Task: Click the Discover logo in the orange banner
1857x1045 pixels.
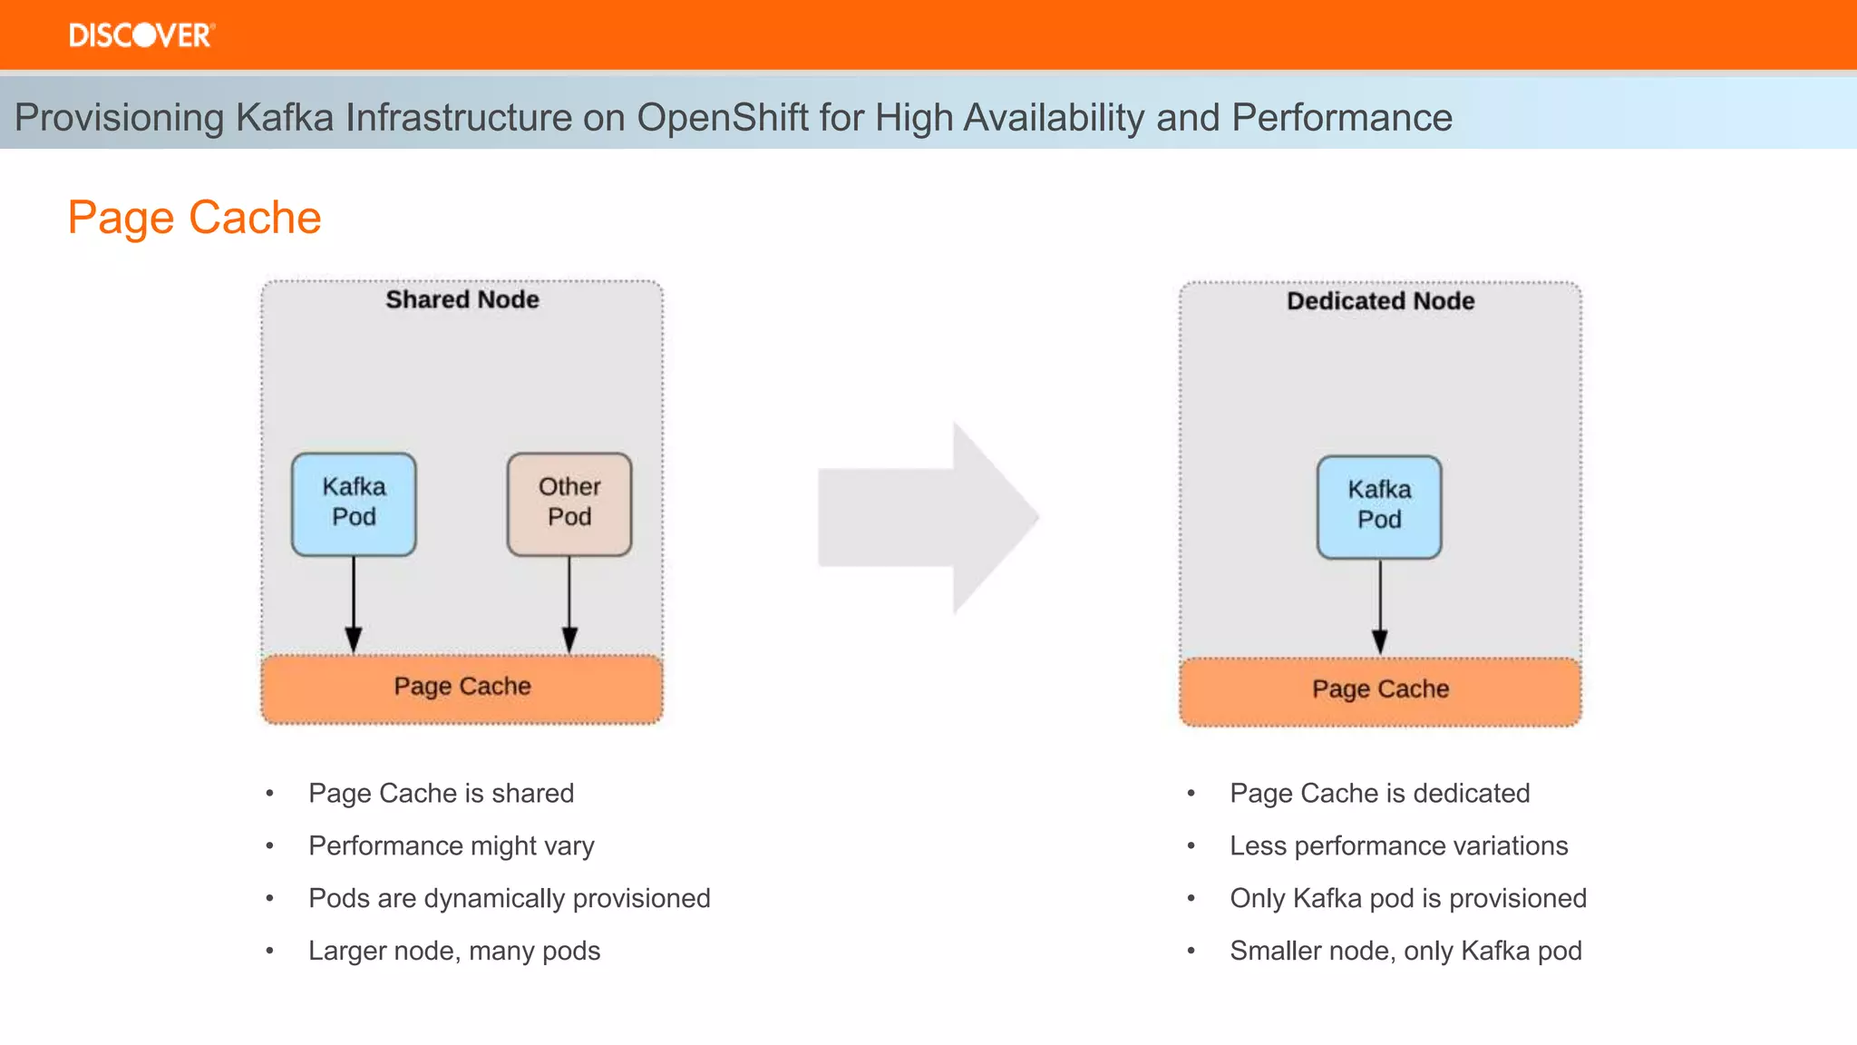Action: coord(141,35)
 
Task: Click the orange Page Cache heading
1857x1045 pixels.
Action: coord(194,218)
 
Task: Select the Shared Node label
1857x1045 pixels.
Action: coord(462,299)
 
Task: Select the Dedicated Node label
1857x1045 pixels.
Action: coord(1380,301)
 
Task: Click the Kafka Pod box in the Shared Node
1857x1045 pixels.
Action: coord(354,503)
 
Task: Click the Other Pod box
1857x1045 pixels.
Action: coord(569,503)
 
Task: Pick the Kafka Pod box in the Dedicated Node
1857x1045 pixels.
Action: coord(1379,506)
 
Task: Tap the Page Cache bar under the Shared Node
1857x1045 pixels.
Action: coord(462,687)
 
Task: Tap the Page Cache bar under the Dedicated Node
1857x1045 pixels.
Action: coord(1380,689)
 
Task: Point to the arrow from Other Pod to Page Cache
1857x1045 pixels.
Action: coord(569,603)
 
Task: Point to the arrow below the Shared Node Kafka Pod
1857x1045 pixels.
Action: coord(354,603)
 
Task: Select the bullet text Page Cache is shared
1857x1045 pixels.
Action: coord(441,794)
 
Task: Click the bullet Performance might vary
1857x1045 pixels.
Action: coord(451,846)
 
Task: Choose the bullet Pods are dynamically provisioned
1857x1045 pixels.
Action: coord(509,899)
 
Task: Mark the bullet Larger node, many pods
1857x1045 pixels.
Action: coord(453,952)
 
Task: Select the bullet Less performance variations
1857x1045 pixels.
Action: coord(1398,846)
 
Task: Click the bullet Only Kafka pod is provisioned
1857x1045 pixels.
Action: coord(1407,899)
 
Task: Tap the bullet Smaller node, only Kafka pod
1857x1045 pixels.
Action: coord(1405,952)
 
